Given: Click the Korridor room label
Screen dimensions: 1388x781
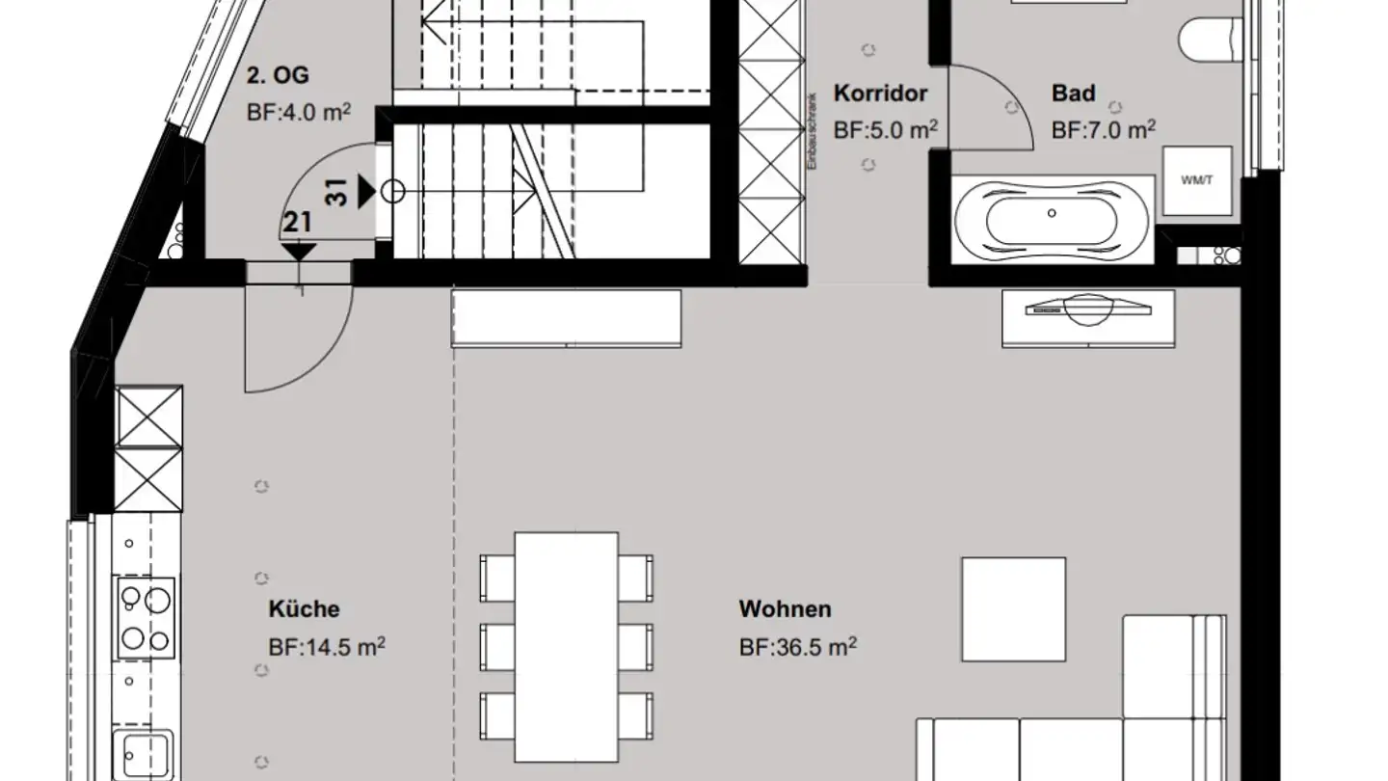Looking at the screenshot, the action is (x=880, y=94).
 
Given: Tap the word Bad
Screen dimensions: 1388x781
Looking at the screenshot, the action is (x=1073, y=94).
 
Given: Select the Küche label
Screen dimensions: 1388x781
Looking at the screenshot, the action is (x=305, y=608).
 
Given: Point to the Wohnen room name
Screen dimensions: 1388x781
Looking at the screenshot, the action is (x=785, y=608).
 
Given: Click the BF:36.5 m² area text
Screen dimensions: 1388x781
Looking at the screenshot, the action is (x=798, y=647).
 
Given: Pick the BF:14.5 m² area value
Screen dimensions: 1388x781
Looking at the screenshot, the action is (x=327, y=647).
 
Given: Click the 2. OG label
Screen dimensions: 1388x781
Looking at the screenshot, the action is (x=278, y=75).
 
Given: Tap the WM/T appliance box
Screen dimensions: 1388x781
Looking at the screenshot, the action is (x=1196, y=180).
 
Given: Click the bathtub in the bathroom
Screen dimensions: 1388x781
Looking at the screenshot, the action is (x=1052, y=221).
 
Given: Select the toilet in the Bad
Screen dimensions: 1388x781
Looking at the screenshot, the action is (x=1210, y=40).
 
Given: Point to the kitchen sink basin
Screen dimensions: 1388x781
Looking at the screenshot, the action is (x=145, y=756).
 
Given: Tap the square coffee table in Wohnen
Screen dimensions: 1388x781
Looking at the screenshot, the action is (x=1014, y=609).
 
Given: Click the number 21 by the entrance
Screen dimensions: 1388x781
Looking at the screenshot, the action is (x=297, y=223).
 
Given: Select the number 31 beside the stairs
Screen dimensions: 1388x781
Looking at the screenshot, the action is (x=335, y=192).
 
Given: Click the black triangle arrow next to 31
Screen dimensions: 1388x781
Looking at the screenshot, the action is (x=366, y=192).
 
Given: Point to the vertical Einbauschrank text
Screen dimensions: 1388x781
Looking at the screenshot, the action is (x=812, y=131).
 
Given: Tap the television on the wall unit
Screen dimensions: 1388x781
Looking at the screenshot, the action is (x=1088, y=310).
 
